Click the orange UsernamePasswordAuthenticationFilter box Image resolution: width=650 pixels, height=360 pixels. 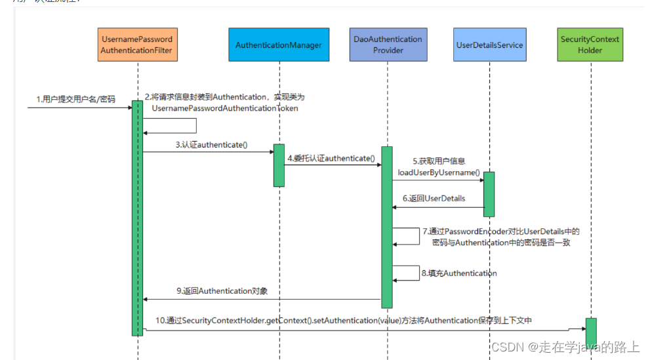pyautogui.click(x=137, y=45)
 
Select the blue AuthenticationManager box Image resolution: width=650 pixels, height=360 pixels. pyautogui.click(x=279, y=45)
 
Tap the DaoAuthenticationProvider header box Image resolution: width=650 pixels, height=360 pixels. pyautogui.click(x=388, y=45)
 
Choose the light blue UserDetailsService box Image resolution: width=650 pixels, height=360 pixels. pyautogui.click(x=489, y=45)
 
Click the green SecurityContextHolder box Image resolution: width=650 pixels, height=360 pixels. pyautogui.click(x=590, y=45)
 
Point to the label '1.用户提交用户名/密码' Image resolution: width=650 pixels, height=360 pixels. pyautogui.click(x=75, y=100)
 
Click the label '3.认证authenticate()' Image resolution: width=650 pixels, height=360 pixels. pyautogui.click(x=211, y=145)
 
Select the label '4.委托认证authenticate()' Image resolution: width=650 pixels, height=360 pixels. pyautogui.click(x=331, y=158)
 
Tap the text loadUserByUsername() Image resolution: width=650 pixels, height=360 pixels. pyautogui.click(x=438, y=172)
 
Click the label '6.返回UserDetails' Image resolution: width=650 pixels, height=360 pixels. pyautogui.click(x=434, y=199)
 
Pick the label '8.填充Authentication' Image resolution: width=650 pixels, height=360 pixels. pyautogui.click(x=459, y=273)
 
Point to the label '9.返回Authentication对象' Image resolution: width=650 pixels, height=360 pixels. pyautogui.click(x=222, y=290)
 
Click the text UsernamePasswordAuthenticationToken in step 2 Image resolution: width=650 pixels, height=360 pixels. pyautogui.click(x=224, y=108)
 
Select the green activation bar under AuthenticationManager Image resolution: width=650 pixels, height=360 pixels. pyautogui.click(x=279, y=165)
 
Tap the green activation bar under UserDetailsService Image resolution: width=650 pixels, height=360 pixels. pyautogui.click(x=489, y=193)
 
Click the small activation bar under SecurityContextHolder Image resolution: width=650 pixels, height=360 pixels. pyautogui.click(x=591, y=332)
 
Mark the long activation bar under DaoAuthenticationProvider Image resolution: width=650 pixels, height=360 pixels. pyautogui.click(x=387, y=226)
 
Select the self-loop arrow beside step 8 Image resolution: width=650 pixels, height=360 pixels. pyautogui.click(x=408, y=273)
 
